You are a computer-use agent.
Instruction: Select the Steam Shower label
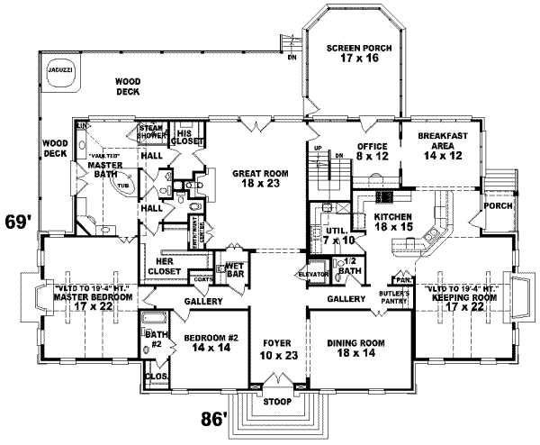pyautogui.click(x=150, y=133)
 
